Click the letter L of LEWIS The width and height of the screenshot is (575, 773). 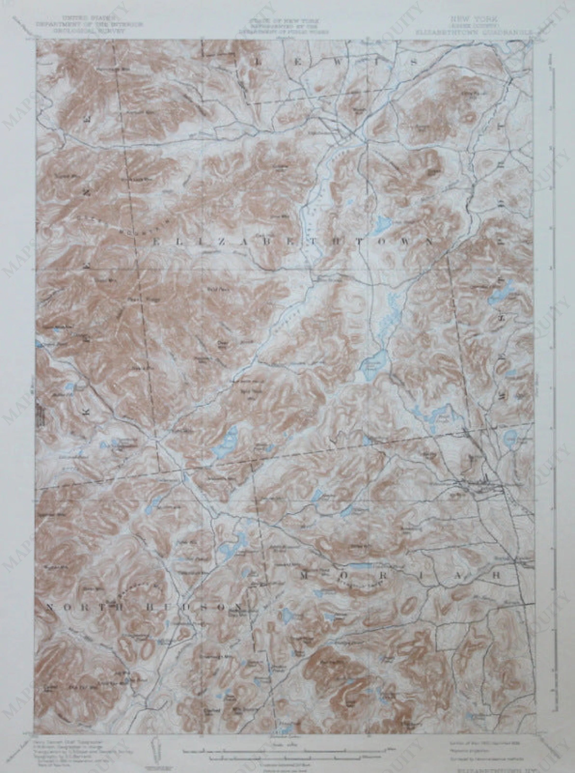click(x=259, y=63)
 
